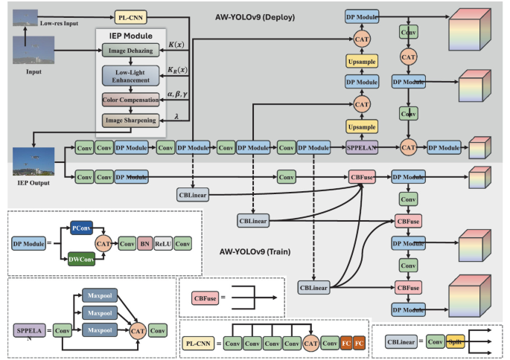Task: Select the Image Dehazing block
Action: tap(130, 51)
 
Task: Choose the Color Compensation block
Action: tap(130, 99)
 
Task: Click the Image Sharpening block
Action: tap(130, 119)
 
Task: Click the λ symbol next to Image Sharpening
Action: tap(176, 115)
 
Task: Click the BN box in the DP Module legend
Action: tap(144, 243)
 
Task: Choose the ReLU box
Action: tap(163, 243)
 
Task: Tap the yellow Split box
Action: tap(456, 342)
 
